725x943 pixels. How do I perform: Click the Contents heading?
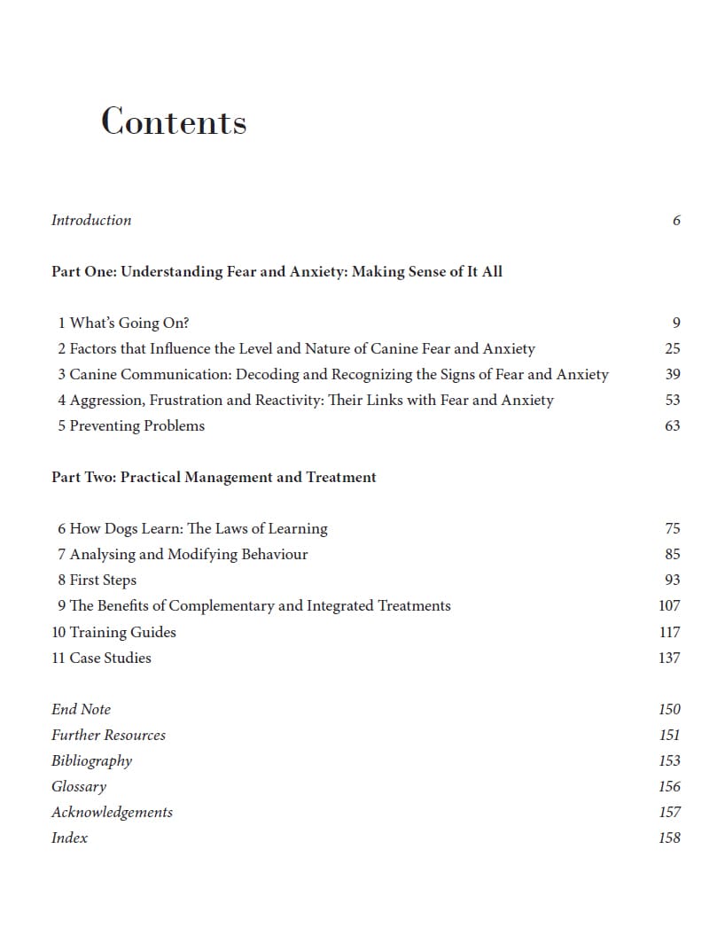174,121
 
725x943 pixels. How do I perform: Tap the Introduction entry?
91,220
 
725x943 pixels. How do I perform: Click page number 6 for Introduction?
676,220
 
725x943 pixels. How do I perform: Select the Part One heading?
277,271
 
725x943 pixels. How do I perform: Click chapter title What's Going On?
129,323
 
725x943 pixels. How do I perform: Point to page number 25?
673,348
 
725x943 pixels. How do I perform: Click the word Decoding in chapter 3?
269,374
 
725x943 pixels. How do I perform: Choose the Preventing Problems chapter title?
136,425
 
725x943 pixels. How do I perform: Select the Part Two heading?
214,477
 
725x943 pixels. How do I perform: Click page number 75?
673,528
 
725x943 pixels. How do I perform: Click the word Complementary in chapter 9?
221,605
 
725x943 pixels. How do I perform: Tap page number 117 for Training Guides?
670,632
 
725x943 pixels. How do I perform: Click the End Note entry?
81,709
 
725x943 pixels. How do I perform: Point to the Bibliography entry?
91,760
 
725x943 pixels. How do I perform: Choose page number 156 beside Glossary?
670,786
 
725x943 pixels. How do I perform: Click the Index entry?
69,838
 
